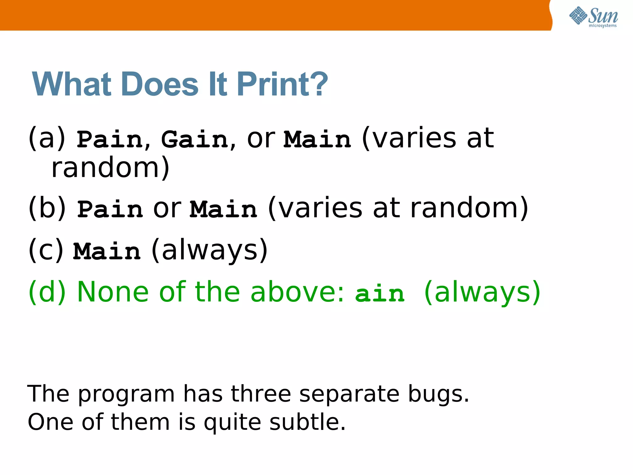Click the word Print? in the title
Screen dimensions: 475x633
(282, 84)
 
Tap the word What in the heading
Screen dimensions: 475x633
(72, 84)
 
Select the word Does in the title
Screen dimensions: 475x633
(160, 84)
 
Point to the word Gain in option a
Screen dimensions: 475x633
(195, 139)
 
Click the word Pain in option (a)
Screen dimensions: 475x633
(110, 139)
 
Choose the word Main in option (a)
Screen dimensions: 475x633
(317, 139)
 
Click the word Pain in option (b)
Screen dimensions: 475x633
(110, 209)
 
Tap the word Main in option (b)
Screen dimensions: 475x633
(223, 209)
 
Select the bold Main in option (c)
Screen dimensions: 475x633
(107, 251)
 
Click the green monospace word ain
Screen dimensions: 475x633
(380, 293)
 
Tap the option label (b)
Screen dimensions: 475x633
(47, 208)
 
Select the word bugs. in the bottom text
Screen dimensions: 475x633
(438, 394)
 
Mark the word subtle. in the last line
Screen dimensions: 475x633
(307, 422)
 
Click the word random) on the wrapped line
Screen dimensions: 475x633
(110, 168)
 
